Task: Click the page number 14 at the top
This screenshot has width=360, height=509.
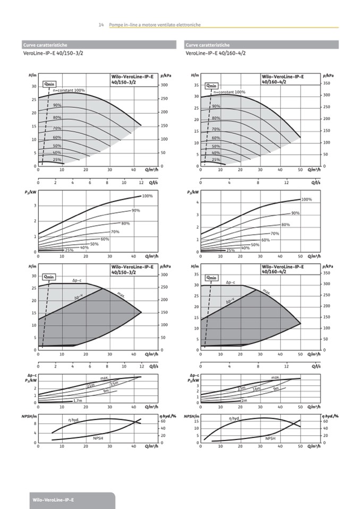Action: [x=101, y=25]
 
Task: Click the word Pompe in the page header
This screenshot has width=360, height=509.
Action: [x=115, y=25]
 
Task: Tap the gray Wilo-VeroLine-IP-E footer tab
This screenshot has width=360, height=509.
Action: [x=54, y=500]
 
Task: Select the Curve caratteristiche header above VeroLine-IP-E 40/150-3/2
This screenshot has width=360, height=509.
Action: [x=45, y=45]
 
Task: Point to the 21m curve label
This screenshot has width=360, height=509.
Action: [x=91, y=385]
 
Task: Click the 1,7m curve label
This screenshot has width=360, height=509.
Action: [x=78, y=401]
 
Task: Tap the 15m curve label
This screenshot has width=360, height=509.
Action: [x=114, y=383]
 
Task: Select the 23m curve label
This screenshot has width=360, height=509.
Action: [x=242, y=388]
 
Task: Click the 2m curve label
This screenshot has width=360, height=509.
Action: [x=244, y=400]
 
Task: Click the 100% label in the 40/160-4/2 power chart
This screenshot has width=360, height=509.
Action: [x=306, y=200]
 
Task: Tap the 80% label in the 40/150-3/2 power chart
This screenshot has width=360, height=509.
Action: [x=125, y=223]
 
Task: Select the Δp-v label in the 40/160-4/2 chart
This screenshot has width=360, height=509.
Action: [x=230, y=301]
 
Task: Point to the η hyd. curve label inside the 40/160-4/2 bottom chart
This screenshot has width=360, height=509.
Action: [x=234, y=419]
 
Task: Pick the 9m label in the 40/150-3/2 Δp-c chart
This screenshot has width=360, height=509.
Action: [x=106, y=391]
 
